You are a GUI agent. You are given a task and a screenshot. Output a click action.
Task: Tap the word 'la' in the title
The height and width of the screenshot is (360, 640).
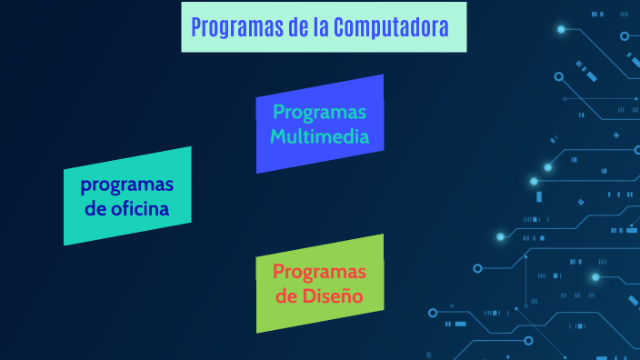click(319, 27)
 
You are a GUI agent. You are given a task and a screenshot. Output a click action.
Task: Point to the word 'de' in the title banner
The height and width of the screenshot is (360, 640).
click(296, 27)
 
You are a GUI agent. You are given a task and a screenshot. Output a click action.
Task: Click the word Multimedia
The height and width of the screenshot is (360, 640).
click(319, 137)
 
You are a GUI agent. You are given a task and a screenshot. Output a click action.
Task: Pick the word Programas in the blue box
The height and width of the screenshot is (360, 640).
click(319, 113)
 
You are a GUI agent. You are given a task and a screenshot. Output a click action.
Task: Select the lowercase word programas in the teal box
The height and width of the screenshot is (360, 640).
click(126, 185)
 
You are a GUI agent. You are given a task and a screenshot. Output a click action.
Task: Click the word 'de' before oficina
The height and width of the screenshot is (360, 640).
click(95, 210)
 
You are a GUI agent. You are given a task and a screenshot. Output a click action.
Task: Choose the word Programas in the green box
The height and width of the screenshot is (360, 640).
click(319, 272)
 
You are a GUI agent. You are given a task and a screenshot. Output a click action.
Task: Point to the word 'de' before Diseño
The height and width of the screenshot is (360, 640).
click(286, 296)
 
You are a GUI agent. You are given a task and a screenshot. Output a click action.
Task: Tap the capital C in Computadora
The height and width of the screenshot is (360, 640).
click(339, 27)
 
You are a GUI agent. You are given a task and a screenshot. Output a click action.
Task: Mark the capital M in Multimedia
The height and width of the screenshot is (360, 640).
click(278, 137)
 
